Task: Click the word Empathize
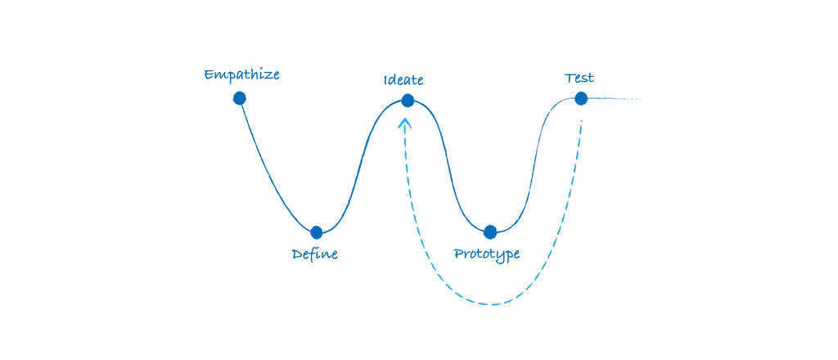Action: [x=241, y=75]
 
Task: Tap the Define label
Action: [x=315, y=254]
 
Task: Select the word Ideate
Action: [x=403, y=80]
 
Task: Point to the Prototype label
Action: [x=487, y=254]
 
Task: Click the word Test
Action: [x=579, y=79]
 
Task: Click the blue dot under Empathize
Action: [x=239, y=98]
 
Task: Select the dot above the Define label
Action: [x=317, y=232]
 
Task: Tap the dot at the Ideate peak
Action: [x=408, y=101]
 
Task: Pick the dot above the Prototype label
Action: [x=490, y=232]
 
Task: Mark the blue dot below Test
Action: [x=581, y=98]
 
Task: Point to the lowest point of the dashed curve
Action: [x=492, y=304]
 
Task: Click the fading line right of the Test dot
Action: [x=614, y=99]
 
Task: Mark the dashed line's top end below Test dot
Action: [x=581, y=123]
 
